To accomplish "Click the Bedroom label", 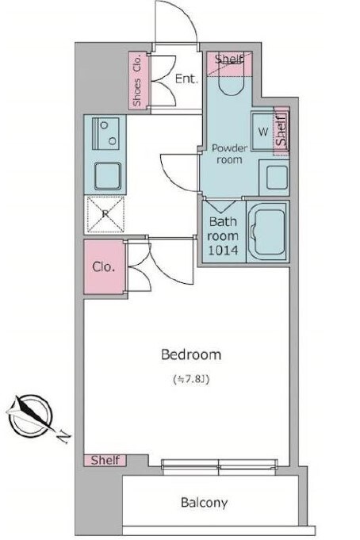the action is (191, 354).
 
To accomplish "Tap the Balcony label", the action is (204, 503).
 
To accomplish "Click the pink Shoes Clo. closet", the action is (139, 80).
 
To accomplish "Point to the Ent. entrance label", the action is (186, 79).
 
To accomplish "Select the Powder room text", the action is (229, 154).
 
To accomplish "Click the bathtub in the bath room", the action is (267, 232).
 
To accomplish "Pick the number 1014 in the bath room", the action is (223, 250).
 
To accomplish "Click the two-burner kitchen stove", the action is (105, 133).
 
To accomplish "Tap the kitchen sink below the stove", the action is (108, 176).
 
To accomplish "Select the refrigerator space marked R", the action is (105, 214).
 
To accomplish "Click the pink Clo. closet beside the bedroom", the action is (104, 267).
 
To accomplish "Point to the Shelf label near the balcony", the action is (105, 460).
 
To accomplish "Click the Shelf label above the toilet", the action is (229, 59).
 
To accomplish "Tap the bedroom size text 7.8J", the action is (191, 380).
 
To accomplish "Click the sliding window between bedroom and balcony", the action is (220, 466).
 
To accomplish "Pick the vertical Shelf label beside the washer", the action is (281, 131).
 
